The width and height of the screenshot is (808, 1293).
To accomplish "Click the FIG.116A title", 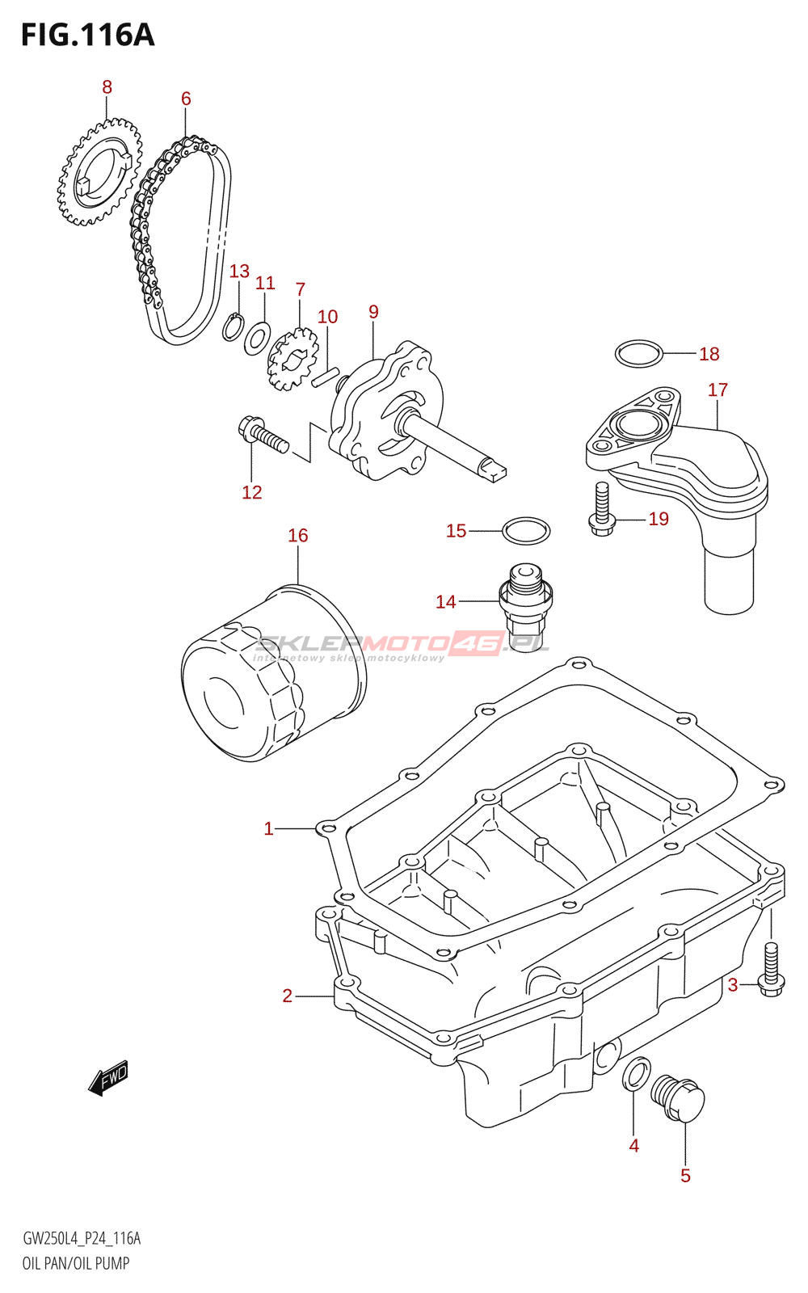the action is (87, 35).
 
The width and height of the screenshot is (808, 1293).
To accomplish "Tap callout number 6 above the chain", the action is (186, 99).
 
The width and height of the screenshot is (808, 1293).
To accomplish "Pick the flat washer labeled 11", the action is (257, 338).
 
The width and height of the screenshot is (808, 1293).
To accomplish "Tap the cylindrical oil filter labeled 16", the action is (272, 675).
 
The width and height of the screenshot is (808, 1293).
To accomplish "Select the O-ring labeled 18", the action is (639, 353).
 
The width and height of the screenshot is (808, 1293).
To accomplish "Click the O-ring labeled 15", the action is (526, 531).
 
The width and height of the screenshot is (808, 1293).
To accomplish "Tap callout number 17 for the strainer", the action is (718, 390).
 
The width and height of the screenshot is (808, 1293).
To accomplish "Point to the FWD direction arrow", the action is (108, 1077).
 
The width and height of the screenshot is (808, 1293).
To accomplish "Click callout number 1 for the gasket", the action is (268, 828).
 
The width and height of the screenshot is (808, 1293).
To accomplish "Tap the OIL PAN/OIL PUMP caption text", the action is (76, 1263).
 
